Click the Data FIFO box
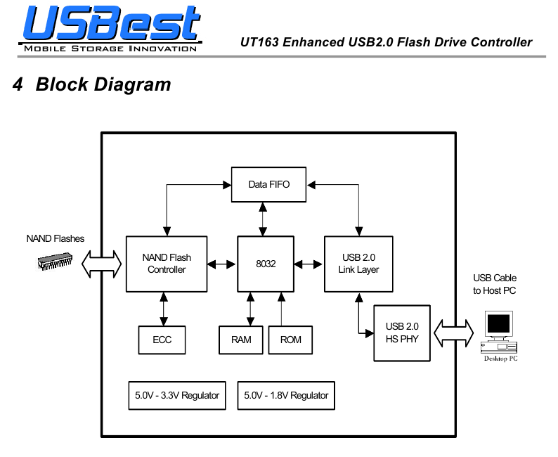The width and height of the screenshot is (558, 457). coord(268,184)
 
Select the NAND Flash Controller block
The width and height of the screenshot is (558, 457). coord(167,264)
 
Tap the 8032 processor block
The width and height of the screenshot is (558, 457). coord(266,264)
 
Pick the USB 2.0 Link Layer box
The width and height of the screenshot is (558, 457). coord(358,264)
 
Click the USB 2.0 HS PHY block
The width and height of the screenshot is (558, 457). coord(402,333)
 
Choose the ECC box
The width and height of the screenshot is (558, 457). coord(162,340)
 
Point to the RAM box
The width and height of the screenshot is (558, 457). coord(241,340)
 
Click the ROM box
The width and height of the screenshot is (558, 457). coord(290,340)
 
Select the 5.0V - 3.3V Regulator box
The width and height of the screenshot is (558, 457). coord(177,395)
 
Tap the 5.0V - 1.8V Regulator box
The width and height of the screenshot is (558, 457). coord(286,395)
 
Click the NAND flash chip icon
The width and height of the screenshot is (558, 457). coord(55,261)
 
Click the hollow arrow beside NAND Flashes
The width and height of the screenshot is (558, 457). coord(101,264)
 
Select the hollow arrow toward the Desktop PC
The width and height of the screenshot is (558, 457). coord(454,333)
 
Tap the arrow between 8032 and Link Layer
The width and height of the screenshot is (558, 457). coord(309,264)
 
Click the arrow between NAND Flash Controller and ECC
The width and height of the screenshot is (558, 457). coord(163,309)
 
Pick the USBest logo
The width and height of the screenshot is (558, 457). coord(110,28)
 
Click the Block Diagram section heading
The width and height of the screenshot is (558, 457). coord(92,84)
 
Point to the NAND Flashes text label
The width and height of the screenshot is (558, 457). coord(55,238)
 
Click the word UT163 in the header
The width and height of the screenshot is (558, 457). coord(260,42)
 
